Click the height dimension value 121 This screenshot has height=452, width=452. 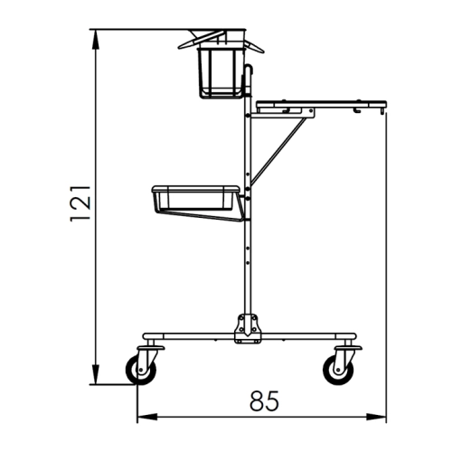point(80,203)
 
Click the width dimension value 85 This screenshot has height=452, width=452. point(264,401)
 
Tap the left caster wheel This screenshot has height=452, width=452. point(141,370)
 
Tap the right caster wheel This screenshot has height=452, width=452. point(338,370)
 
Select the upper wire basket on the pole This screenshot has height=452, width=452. point(221,72)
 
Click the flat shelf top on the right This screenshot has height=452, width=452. point(321,104)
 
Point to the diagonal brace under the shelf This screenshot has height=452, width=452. point(278,151)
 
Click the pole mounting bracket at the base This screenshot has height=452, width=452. point(248,328)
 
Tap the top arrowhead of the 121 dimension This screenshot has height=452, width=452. point(95,39)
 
